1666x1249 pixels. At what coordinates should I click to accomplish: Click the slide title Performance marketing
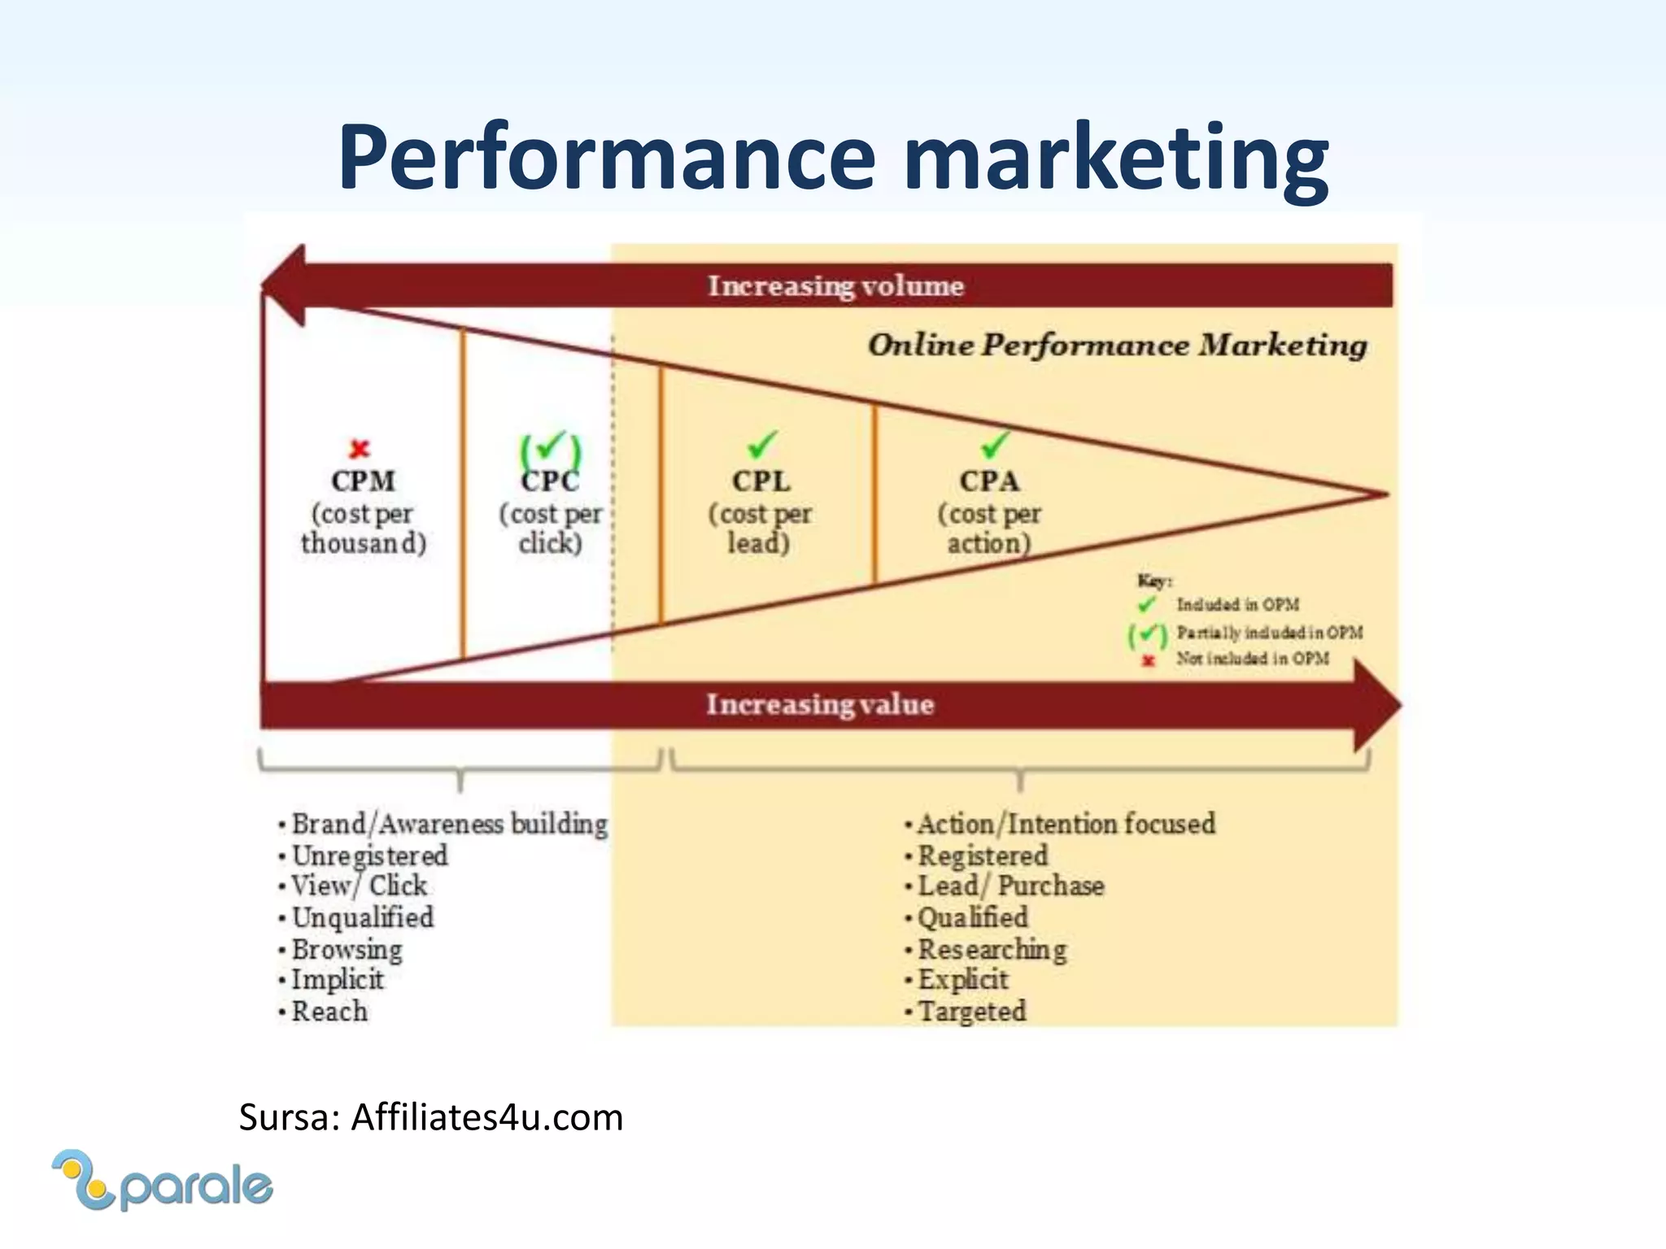coord(833,156)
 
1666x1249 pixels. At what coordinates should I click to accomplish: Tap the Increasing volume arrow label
coord(835,285)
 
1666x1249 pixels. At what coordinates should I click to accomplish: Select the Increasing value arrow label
coord(820,704)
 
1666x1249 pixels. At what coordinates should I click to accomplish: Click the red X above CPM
coord(360,448)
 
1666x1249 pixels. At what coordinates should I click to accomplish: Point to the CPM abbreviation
coord(363,481)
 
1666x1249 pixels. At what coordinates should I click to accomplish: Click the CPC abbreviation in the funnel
coord(550,481)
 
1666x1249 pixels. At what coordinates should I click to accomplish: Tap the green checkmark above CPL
coord(762,445)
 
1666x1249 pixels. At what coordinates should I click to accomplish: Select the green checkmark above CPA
coord(994,444)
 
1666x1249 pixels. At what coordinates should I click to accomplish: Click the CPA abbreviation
coord(989,481)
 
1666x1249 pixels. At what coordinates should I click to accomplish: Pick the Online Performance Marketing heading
coord(1118,345)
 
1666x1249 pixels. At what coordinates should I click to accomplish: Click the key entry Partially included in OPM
coord(1269,633)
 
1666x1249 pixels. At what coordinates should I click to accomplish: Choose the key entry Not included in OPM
coord(1253,659)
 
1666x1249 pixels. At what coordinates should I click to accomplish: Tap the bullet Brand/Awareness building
coord(449,824)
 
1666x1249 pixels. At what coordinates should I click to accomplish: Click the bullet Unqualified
coord(362,917)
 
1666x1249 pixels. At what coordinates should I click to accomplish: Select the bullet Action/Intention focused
coord(1066,824)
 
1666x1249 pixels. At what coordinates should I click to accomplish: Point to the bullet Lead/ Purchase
coord(1010,886)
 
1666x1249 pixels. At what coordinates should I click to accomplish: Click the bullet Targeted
coord(971,1012)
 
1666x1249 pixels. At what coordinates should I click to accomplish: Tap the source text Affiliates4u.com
coord(486,1117)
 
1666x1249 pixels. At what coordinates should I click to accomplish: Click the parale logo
coord(163,1181)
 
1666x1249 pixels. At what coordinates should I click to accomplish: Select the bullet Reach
coord(329,1012)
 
